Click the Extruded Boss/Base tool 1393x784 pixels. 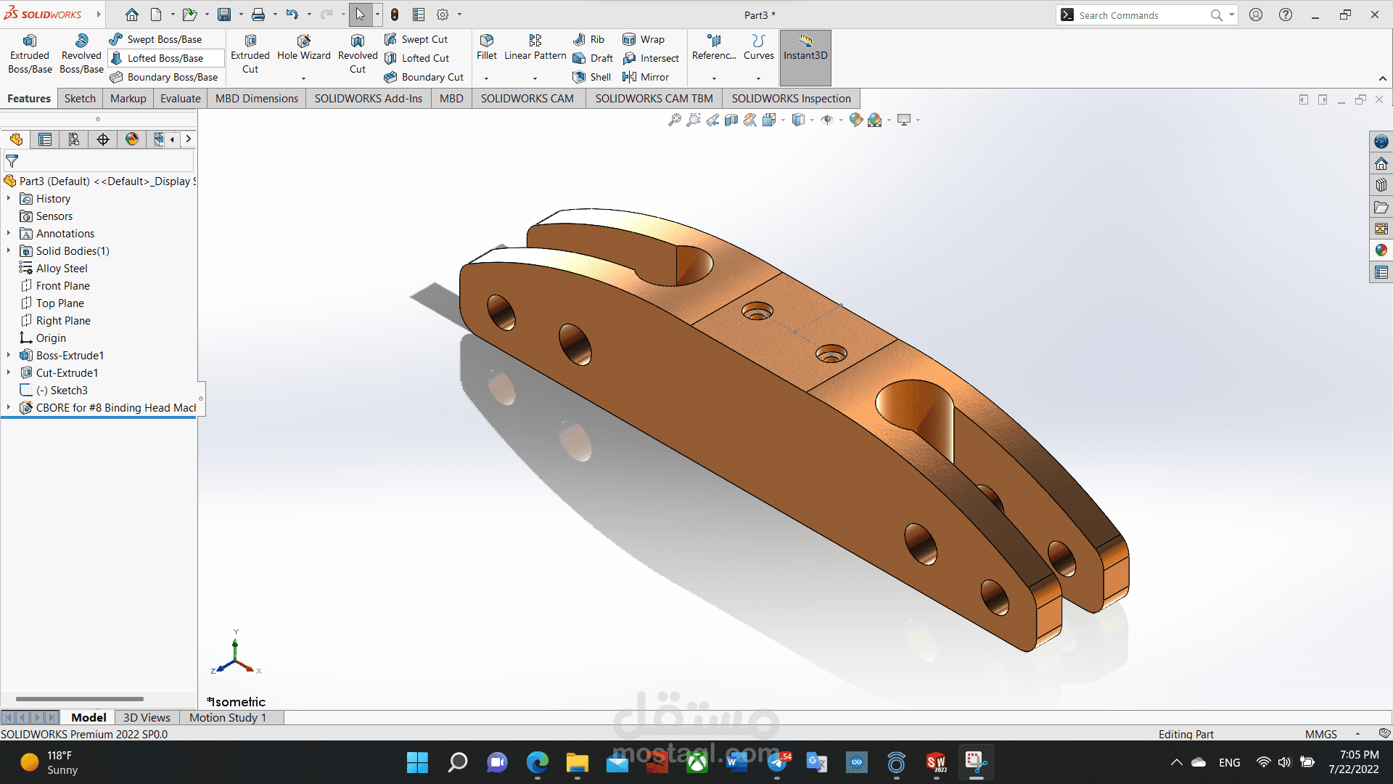point(30,54)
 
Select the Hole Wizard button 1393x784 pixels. point(303,48)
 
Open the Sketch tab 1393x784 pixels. point(80,99)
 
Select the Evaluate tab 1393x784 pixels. point(180,99)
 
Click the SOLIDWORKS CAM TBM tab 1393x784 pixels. point(654,99)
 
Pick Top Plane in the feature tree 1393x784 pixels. point(60,303)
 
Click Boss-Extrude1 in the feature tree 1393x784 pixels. point(70,356)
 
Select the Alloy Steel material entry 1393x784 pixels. point(62,269)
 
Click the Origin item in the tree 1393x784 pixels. point(51,338)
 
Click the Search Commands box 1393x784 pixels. point(1139,15)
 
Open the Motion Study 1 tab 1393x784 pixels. point(228,718)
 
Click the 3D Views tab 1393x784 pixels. point(147,718)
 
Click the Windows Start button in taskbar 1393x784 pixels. point(417,763)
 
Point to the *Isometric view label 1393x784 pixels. point(237,702)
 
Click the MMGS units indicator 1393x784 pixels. point(1320,735)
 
